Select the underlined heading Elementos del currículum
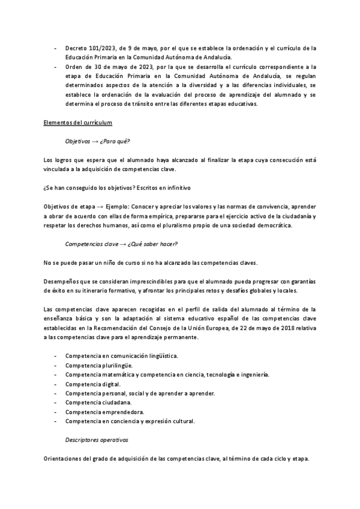pyautogui.click(x=79, y=123)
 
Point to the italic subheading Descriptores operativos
pyautogui.click(x=97, y=440)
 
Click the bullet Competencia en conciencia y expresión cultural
pyautogui.click(x=130, y=421)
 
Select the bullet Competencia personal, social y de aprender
pyautogui.click(x=139, y=393)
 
